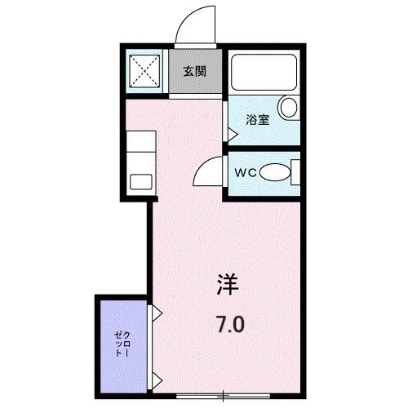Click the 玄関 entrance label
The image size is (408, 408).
coord(193,70)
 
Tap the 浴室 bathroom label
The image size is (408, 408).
coord(259,120)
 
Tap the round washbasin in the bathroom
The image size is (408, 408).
coord(289,107)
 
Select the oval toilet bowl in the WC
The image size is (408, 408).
coord(277,173)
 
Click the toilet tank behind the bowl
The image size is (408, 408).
coord(295,173)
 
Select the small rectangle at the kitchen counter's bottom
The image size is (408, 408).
coord(141,182)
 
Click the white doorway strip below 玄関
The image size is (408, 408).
coord(196,97)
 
